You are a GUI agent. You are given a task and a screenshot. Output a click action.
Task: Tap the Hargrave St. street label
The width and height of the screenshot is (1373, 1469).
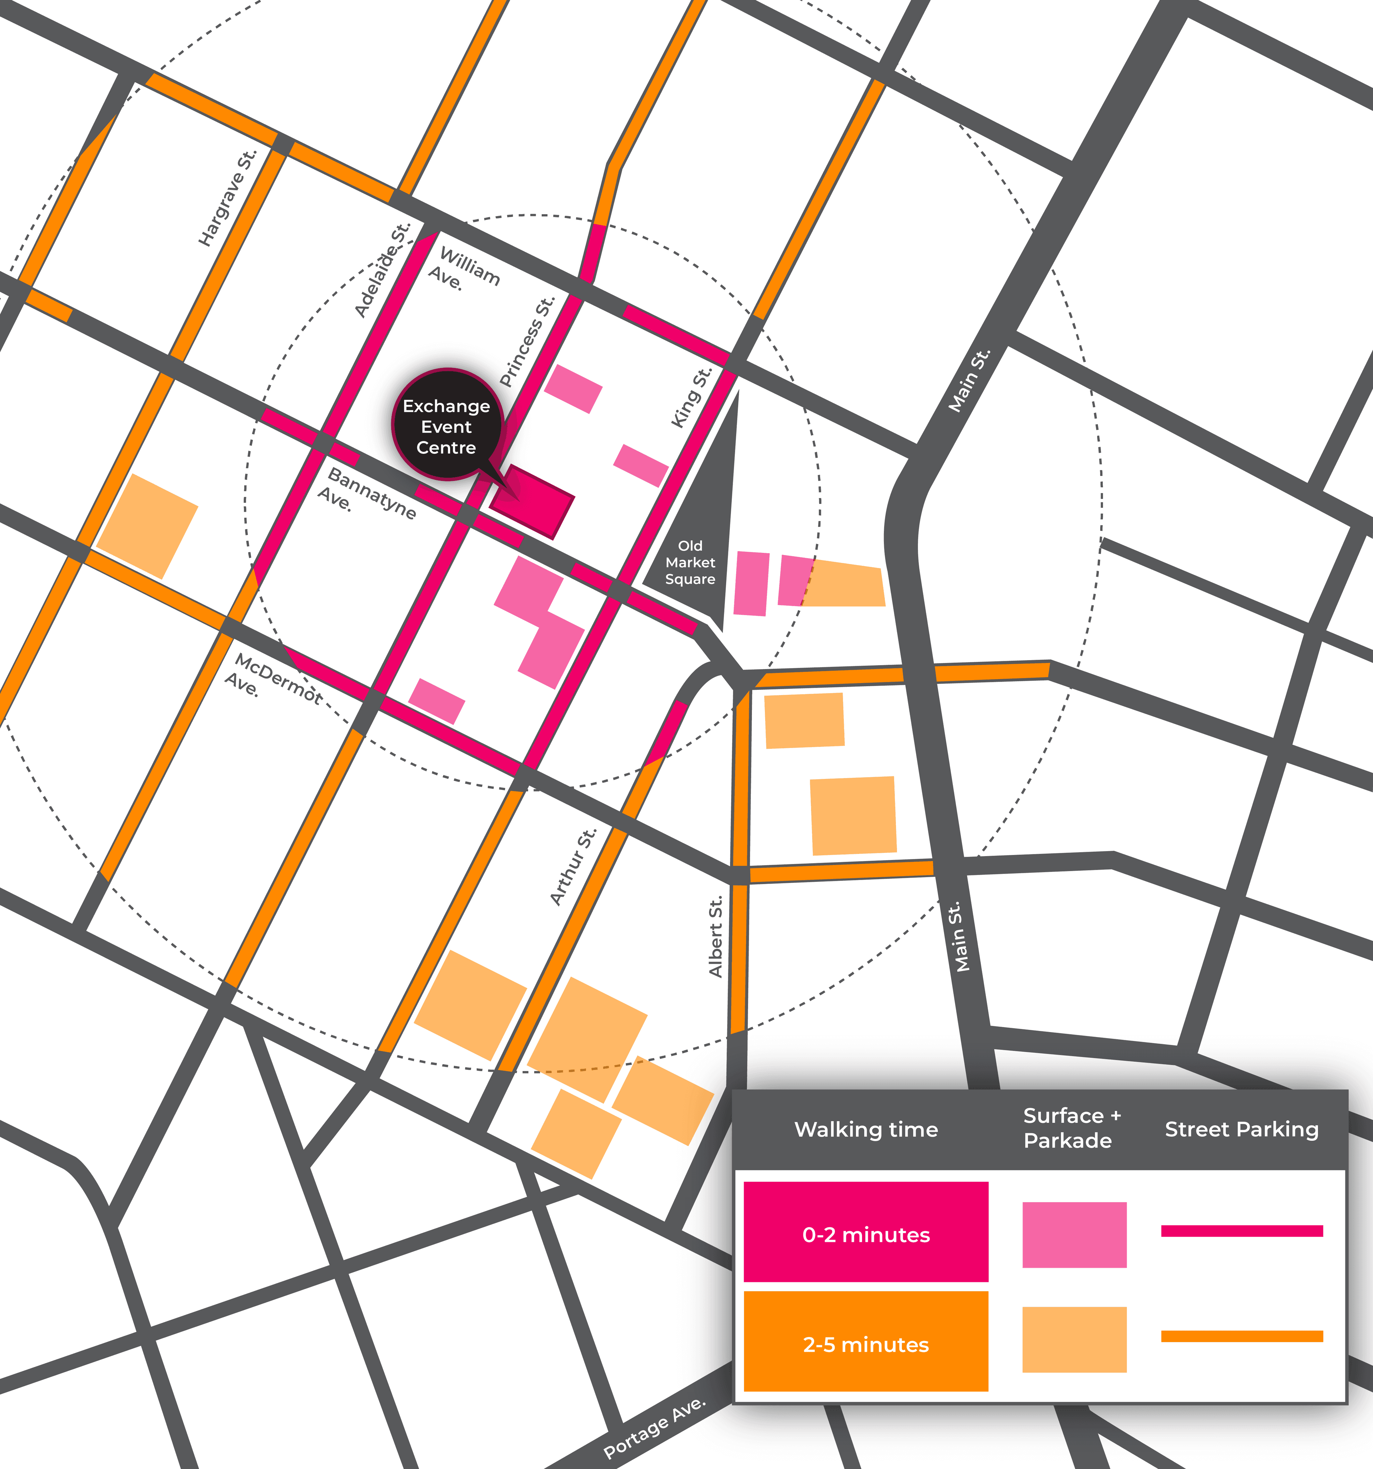point(227,198)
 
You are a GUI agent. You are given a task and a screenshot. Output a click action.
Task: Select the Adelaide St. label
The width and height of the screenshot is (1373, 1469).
point(381,270)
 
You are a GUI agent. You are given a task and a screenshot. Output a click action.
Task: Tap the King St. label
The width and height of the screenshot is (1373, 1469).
point(691,398)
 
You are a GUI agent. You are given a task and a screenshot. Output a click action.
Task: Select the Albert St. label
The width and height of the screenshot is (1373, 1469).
point(715,937)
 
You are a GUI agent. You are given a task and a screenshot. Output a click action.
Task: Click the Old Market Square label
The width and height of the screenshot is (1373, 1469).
point(690,562)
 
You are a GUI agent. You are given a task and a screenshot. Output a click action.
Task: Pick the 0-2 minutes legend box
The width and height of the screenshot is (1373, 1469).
point(865,1235)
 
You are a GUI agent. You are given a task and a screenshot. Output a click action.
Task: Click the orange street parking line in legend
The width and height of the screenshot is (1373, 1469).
point(1241,1336)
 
